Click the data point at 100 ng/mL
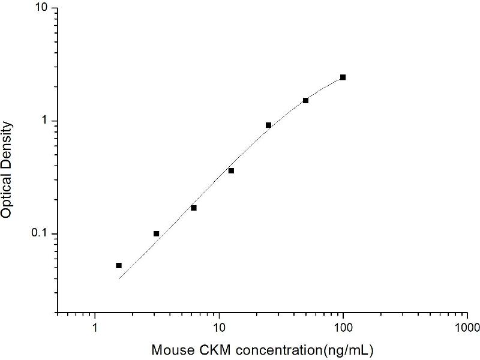point(343,77)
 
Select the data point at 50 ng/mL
point(305,100)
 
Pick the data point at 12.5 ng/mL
point(231,170)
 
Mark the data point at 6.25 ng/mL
point(194,208)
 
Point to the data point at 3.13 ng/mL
point(157,233)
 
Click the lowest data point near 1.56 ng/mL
point(119,265)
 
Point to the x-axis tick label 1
point(95,329)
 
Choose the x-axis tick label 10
point(219,329)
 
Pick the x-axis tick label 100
point(343,329)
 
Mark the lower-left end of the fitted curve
point(119,279)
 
